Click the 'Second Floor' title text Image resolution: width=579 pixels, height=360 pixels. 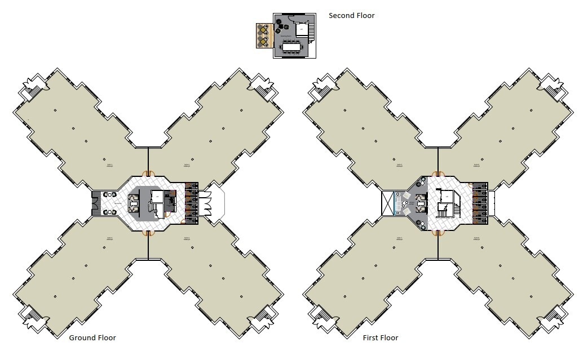click(x=351, y=16)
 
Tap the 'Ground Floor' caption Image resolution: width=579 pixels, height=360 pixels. click(x=92, y=338)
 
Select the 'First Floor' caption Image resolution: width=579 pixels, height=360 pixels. click(x=381, y=338)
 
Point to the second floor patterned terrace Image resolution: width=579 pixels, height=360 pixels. click(x=263, y=36)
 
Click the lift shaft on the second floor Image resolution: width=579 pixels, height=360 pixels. click(x=301, y=28)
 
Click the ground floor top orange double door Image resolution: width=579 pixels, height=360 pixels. click(x=148, y=174)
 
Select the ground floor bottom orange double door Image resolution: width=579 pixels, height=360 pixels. click(x=148, y=232)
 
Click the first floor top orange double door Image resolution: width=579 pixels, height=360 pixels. click(x=436, y=174)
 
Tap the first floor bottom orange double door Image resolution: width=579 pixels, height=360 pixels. click(x=436, y=232)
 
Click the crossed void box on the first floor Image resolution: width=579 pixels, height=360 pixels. click(x=389, y=203)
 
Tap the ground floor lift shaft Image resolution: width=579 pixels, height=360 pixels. click(x=156, y=197)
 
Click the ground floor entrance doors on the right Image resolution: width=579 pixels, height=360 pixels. click(x=204, y=203)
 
